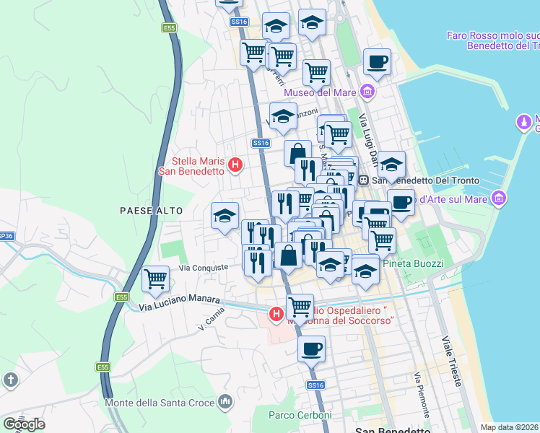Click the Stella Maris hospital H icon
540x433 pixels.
(x=235, y=165)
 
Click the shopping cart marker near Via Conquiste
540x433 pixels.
(x=156, y=278)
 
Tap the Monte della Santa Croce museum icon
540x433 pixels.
(x=225, y=401)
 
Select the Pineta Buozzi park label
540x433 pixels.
(x=411, y=263)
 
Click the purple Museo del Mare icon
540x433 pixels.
(x=368, y=92)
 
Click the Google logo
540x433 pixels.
(x=24, y=424)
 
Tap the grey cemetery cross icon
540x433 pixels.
(x=10, y=380)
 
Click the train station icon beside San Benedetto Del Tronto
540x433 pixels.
(x=365, y=179)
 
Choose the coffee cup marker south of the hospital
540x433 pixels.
(x=311, y=349)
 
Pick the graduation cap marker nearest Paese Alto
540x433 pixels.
(x=225, y=216)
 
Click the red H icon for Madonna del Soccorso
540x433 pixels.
(x=276, y=314)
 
